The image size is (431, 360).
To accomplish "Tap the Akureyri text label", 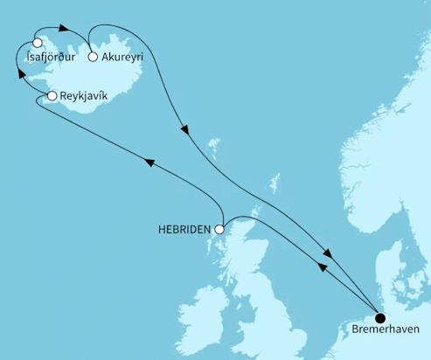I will (122, 59).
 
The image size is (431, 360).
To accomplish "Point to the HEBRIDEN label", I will (184, 230).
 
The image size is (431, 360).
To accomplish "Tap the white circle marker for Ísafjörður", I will (37, 42).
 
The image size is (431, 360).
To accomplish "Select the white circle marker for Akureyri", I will (93, 58).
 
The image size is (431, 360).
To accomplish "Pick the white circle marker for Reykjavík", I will (52, 96).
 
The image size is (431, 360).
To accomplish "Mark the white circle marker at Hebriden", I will (219, 230).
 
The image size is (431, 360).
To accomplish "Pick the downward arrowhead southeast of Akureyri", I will (184, 132).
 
